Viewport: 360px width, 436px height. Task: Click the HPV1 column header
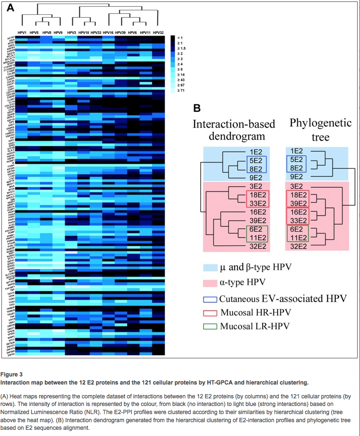[x=22, y=32]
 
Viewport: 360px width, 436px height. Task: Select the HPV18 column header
[x=83, y=32]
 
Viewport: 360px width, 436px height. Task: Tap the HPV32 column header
[x=158, y=32]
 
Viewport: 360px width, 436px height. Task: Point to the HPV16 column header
[x=108, y=32]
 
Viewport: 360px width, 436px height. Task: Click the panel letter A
[x=11, y=8]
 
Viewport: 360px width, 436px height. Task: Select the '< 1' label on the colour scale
[x=180, y=37]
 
